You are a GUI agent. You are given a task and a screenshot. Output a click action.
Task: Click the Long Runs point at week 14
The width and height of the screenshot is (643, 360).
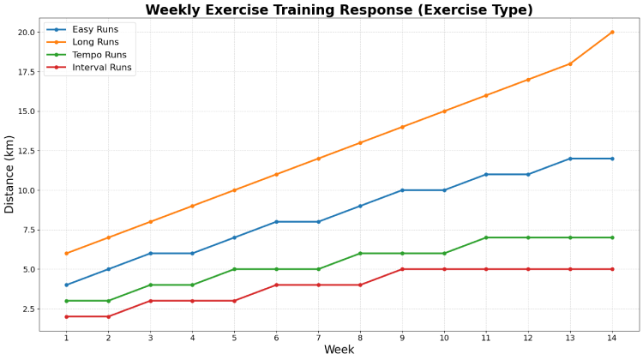coord(612,32)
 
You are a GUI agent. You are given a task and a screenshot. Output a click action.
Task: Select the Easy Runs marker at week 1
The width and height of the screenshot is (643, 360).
coord(66,285)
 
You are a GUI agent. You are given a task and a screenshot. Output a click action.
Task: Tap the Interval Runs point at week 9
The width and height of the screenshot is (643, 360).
coord(402,269)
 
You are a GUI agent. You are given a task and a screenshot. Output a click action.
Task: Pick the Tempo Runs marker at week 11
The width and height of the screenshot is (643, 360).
coord(486,237)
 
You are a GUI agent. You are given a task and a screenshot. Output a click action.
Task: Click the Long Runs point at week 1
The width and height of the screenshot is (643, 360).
coord(66,253)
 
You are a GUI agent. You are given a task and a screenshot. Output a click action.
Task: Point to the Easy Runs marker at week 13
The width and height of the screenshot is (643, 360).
coord(570,159)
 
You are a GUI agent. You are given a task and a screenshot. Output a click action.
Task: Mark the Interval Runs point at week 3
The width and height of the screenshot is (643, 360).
coord(150,301)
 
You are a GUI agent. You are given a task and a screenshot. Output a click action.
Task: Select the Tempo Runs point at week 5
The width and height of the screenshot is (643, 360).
coord(234,269)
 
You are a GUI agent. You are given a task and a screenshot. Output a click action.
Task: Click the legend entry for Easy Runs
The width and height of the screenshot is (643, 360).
coord(95,29)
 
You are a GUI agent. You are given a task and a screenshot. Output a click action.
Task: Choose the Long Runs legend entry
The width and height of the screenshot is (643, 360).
coord(95,42)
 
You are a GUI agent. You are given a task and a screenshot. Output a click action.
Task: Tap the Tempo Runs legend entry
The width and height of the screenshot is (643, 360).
coord(99,55)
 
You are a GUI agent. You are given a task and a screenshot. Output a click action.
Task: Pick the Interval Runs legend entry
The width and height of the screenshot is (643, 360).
coord(102,68)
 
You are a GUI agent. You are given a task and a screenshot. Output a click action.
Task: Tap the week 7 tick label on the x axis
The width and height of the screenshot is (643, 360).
coord(318,338)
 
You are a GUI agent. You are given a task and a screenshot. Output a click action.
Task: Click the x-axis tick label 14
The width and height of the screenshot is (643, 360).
coord(612,338)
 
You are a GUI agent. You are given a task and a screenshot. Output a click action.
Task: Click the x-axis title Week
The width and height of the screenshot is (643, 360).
coord(339,350)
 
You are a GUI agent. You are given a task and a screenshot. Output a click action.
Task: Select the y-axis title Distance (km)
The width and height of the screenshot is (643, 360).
coord(10,174)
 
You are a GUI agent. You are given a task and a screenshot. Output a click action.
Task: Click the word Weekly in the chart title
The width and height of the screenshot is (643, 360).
coord(176,10)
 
